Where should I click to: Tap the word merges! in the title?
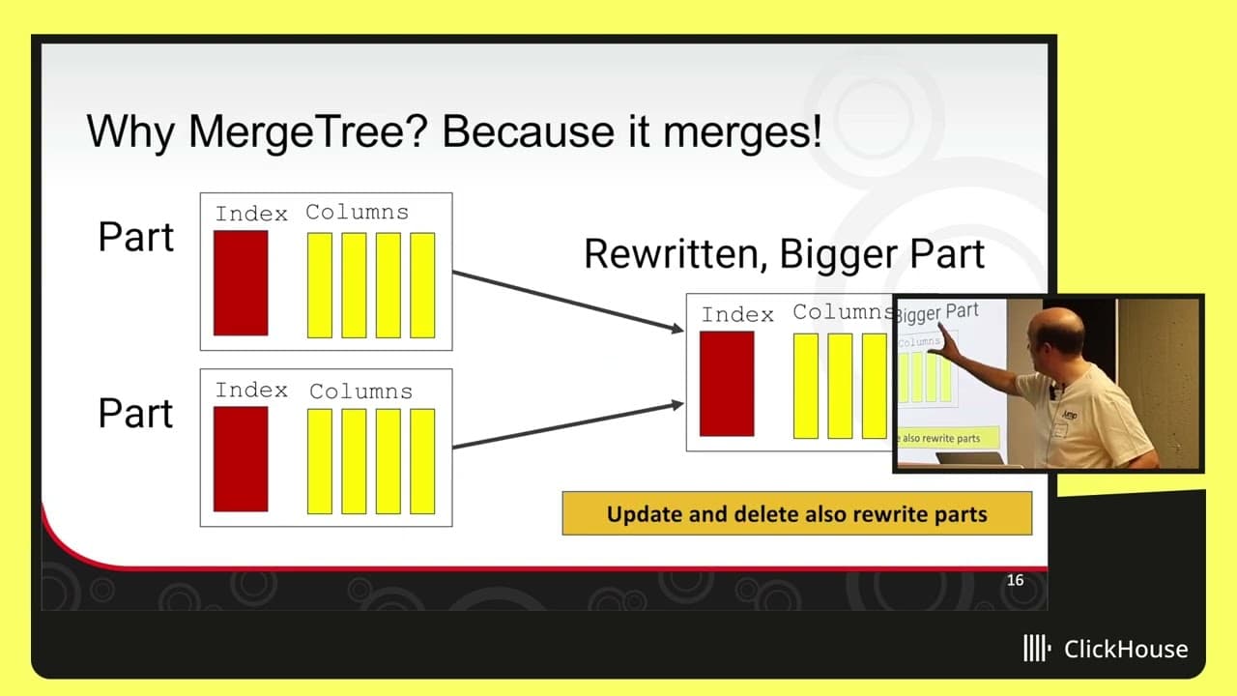pyautogui.click(x=742, y=132)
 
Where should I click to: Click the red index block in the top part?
pyautogui.click(x=241, y=283)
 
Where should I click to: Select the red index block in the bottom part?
pyautogui.click(x=241, y=459)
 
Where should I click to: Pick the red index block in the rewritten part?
pyautogui.click(x=727, y=384)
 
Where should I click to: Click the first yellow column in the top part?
pyautogui.click(x=320, y=285)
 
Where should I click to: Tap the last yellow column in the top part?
pyautogui.click(x=422, y=285)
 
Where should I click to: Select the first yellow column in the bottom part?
pyautogui.click(x=320, y=461)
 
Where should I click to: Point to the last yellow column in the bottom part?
pyautogui.click(x=422, y=461)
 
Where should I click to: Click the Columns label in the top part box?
pyautogui.click(x=358, y=212)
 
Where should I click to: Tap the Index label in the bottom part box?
pyautogui.click(x=251, y=390)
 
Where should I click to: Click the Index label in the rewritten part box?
pyautogui.click(x=737, y=314)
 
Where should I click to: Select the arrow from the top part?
pyautogui.click(x=568, y=303)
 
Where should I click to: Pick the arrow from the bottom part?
pyautogui.click(x=568, y=425)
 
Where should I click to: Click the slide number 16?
pyautogui.click(x=1015, y=580)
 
